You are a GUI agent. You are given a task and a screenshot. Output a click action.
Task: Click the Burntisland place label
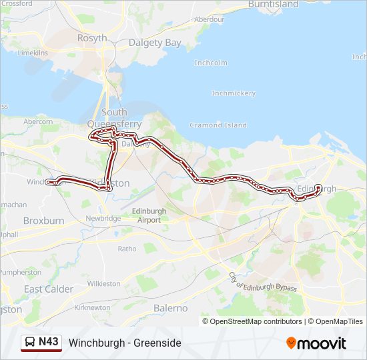click(x=273, y=4)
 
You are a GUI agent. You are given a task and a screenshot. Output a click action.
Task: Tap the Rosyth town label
click(x=92, y=38)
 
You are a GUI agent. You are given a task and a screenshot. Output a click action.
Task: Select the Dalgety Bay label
click(x=154, y=43)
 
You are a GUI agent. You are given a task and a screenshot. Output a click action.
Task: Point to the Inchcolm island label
click(x=211, y=63)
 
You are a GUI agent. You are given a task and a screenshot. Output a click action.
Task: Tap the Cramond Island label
click(x=218, y=125)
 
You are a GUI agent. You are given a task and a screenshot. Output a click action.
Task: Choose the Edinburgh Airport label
click(x=145, y=215)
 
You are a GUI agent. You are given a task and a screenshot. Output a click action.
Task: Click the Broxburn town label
click(x=43, y=221)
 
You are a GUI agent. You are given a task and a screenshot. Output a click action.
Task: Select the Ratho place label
click(x=127, y=249)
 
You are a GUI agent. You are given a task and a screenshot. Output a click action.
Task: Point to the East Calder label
click(x=49, y=289)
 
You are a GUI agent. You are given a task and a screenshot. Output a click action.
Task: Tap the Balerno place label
click(x=170, y=308)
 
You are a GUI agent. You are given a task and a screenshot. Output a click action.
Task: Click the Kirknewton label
click(x=93, y=307)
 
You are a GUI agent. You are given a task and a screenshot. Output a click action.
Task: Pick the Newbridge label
click(x=103, y=218)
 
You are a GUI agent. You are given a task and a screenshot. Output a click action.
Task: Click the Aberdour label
click(x=209, y=19)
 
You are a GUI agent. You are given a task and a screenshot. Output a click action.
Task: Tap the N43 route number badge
click(x=49, y=342)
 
